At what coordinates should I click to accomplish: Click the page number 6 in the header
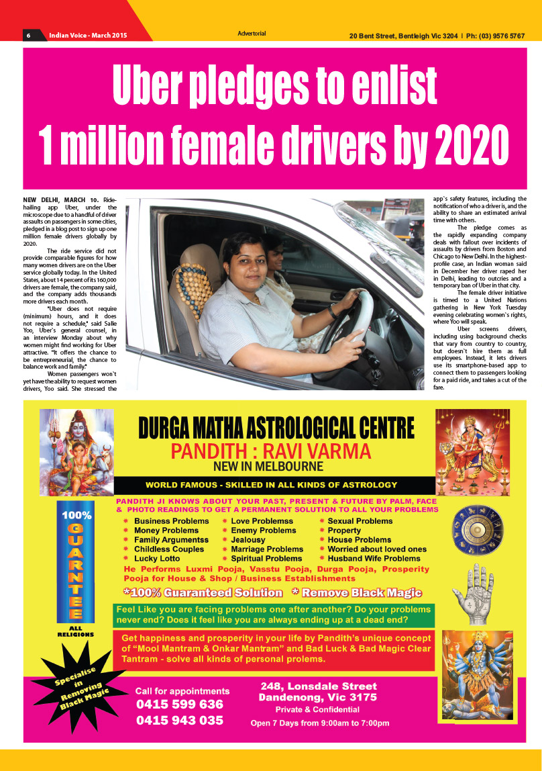pyautogui.click(x=29, y=35)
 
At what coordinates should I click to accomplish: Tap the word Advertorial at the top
pyautogui.click(x=252, y=34)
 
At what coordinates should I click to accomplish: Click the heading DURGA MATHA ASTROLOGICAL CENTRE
pyautogui.click(x=276, y=427)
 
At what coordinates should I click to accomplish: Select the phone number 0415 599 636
pyautogui.click(x=180, y=705)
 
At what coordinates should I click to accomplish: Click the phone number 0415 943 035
pyautogui.click(x=180, y=721)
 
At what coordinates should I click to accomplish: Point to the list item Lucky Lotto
pyautogui.click(x=157, y=558)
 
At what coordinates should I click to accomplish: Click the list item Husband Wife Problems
pyautogui.click(x=374, y=558)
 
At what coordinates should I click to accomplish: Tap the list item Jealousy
pyautogui.click(x=248, y=539)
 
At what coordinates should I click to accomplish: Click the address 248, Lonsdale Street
pyautogui.click(x=319, y=686)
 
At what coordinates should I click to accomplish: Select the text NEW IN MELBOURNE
pyautogui.click(x=268, y=466)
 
